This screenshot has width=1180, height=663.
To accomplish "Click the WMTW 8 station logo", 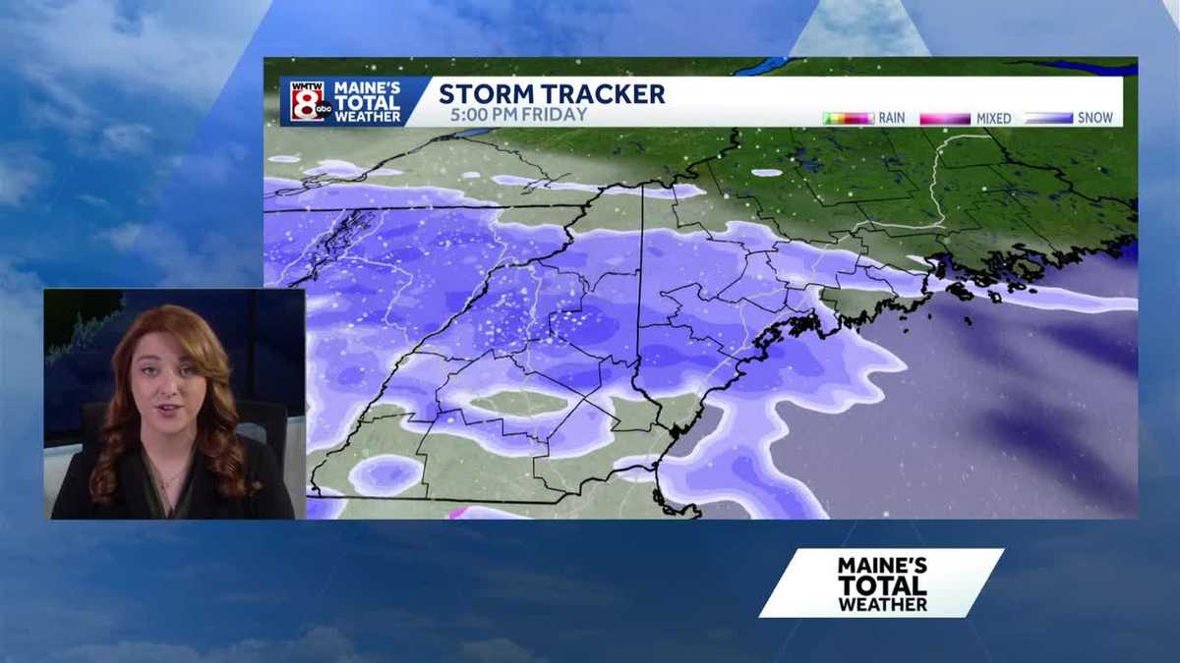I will tap(310, 101).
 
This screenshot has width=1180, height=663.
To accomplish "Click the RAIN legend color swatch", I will tap(849, 118).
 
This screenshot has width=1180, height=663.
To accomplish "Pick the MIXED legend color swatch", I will tap(945, 118).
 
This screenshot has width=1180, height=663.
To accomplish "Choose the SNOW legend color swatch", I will tap(1048, 118).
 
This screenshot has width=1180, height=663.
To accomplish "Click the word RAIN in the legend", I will tap(892, 118).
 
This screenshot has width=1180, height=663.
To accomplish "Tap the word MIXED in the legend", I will tap(993, 118).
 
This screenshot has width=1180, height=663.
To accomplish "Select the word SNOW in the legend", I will tap(1095, 118).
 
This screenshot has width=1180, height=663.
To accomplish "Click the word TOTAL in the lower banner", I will tap(882, 585).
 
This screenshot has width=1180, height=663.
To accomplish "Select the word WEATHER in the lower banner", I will tap(882, 604).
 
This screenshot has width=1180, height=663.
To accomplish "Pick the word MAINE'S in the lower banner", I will tap(882, 566).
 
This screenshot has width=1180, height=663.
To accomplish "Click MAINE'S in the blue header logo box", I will tap(367, 87).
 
